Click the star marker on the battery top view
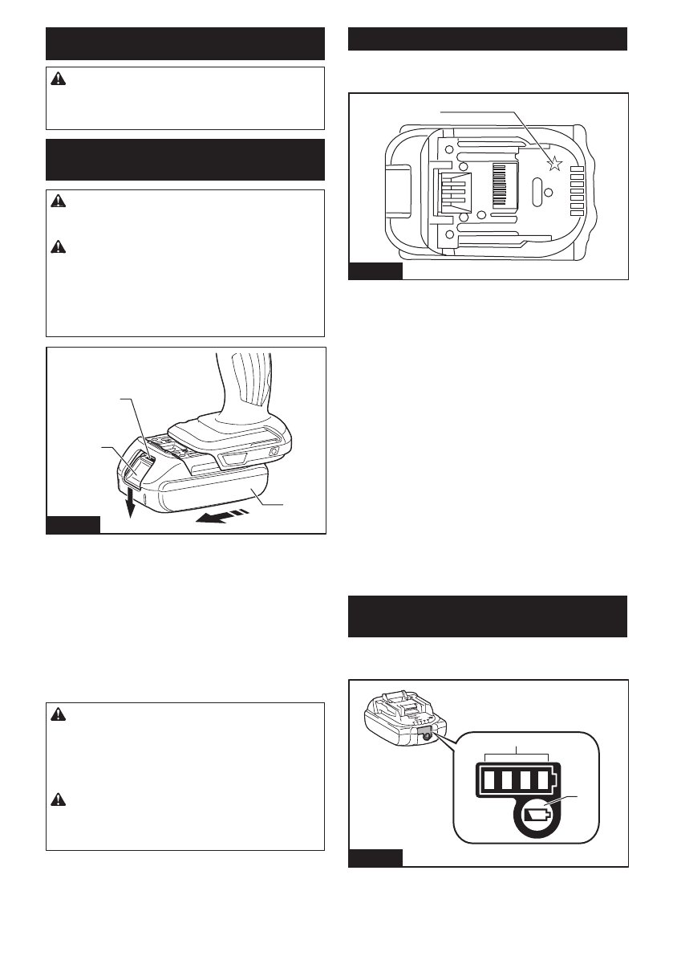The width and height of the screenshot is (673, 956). pyautogui.click(x=553, y=165)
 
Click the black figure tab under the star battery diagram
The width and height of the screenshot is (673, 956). pyautogui.click(x=375, y=271)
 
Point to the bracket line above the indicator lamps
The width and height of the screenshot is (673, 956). pyautogui.click(x=517, y=755)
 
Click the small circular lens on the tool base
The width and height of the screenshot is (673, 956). pyautogui.click(x=275, y=452)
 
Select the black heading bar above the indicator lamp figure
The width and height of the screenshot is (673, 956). pyautogui.click(x=488, y=616)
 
